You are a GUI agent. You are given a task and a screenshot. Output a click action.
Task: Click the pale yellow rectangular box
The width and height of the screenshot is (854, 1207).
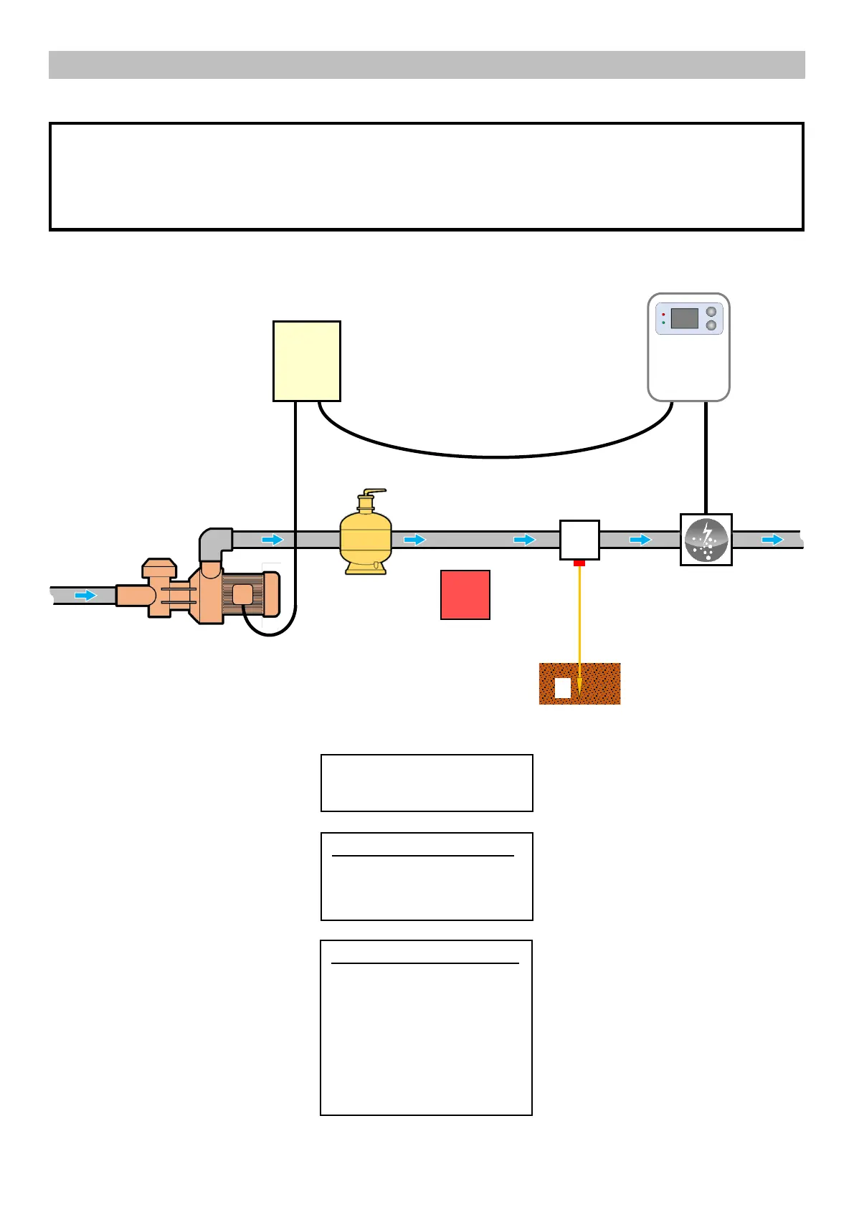[307, 361]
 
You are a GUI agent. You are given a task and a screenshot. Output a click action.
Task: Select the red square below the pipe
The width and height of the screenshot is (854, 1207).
[465, 595]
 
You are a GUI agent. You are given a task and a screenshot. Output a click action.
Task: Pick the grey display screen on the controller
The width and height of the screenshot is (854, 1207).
[685, 318]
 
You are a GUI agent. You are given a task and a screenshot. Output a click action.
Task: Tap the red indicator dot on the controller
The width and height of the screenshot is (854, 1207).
[663, 314]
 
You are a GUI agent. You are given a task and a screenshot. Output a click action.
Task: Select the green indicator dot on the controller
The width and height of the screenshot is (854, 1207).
[663, 323]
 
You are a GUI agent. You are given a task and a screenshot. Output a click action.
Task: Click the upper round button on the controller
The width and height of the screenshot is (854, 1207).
[711, 312]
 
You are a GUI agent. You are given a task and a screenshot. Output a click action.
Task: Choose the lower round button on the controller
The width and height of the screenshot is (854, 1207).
[711, 325]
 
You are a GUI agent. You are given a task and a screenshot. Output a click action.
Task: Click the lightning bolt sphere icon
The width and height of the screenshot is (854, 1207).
[706, 540]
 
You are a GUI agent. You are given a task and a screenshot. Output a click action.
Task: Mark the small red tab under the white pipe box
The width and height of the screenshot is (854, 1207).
[579, 563]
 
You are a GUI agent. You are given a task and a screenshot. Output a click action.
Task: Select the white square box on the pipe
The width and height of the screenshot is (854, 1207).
[579, 540]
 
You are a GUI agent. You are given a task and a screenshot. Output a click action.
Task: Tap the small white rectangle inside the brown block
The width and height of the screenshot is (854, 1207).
[563, 688]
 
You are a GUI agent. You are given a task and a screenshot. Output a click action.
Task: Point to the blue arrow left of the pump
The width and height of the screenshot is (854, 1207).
[86, 596]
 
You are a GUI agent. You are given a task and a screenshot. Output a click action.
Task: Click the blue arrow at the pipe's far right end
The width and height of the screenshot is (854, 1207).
[772, 540]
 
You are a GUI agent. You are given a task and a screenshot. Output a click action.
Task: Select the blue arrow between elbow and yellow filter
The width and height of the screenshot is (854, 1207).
[272, 540]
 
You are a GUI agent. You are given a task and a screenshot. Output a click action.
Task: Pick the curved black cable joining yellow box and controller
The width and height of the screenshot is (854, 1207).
[495, 456]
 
